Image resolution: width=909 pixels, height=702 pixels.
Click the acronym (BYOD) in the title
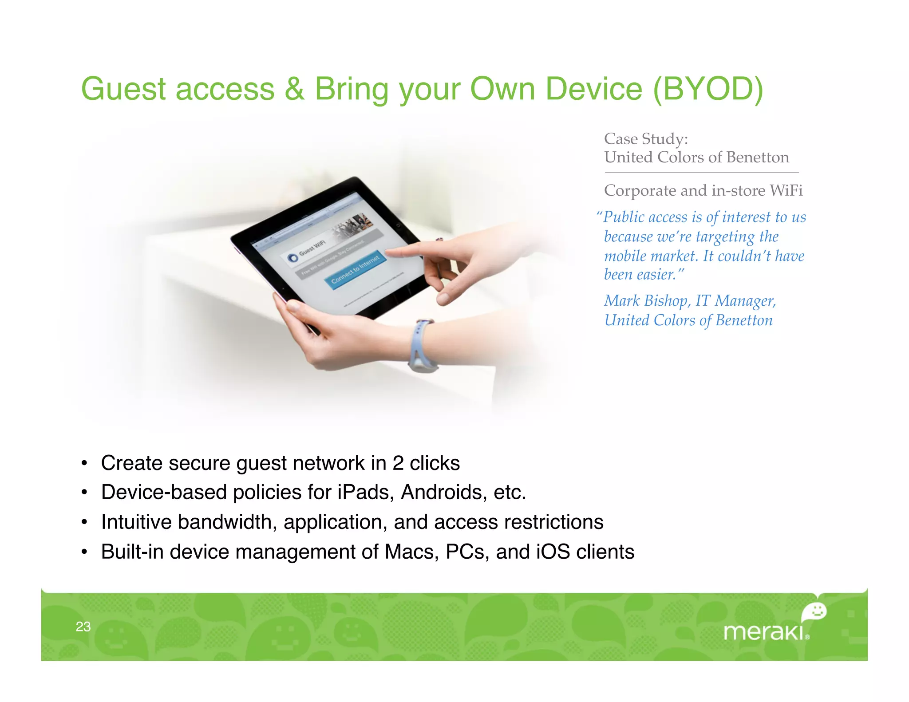[708, 89]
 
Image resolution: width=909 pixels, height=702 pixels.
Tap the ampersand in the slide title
[294, 89]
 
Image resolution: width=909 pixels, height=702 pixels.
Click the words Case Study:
[646, 139]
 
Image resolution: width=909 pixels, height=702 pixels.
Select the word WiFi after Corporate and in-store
[786, 190]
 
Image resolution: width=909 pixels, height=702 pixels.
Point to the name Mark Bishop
[646, 301]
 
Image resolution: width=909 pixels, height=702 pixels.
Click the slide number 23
[83, 627]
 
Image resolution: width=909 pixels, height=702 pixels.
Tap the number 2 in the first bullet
[398, 463]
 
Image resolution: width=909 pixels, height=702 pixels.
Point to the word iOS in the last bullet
[553, 552]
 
